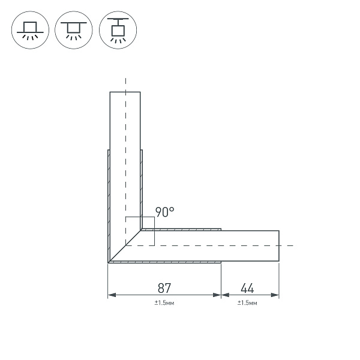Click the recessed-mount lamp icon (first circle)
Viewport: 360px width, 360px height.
pos(29,29)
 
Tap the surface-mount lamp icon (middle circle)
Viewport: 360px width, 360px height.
pos(74,29)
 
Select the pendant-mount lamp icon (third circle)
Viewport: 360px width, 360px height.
pos(118,29)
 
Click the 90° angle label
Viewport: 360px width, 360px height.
pos(164,211)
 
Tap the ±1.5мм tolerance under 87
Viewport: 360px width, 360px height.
pos(164,304)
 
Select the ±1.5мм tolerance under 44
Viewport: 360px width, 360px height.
pos(247,304)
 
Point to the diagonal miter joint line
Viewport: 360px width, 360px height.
pos(125,246)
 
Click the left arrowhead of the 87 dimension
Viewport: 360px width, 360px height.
pos(111,295)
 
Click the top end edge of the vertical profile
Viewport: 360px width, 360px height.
pos(125,92)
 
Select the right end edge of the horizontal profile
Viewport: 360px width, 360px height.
pos(279,246)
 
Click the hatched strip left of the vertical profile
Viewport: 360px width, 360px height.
pos(108,204)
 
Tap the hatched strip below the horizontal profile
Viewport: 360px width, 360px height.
pos(168,262)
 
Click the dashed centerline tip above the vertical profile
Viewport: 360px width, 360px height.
pos(125,80)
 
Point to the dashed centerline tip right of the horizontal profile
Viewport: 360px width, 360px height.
pos(292,246)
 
